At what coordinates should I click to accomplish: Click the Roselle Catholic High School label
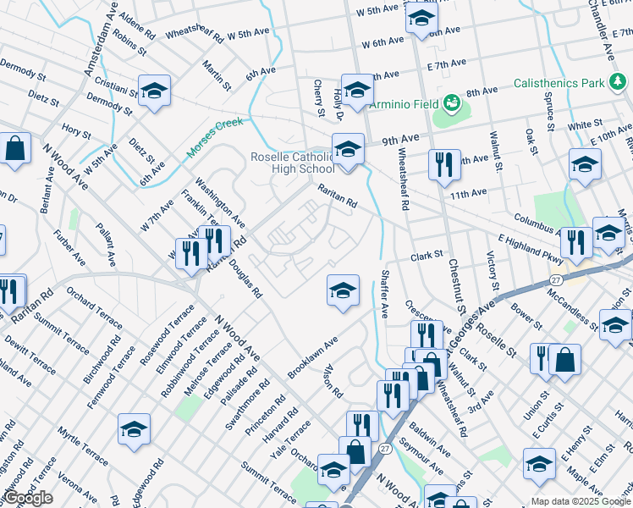[293, 163]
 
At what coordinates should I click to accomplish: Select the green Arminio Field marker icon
[453, 102]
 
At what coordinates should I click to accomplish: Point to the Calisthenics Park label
[559, 83]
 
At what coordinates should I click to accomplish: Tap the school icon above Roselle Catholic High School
[347, 149]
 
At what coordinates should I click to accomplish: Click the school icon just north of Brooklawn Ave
[342, 290]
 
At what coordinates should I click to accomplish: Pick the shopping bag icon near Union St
[564, 359]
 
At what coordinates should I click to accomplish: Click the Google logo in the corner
[28, 498]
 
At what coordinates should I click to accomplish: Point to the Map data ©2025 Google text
[581, 501]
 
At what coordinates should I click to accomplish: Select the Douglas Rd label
[250, 278]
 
